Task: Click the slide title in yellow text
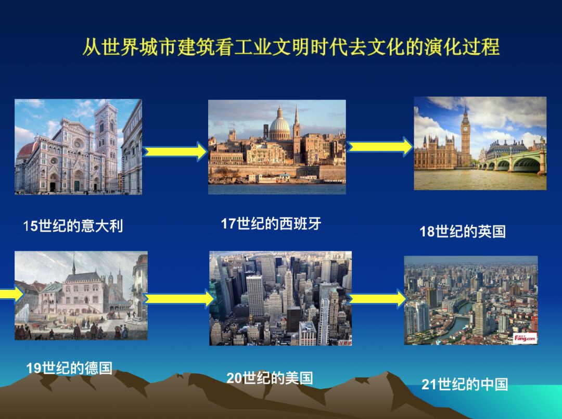pyautogui.click(x=291, y=47)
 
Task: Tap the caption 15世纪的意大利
pyautogui.click(x=73, y=226)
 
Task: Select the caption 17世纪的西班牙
pyautogui.click(x=271, y=223)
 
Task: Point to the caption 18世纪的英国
pyautogui.click(x=463, y=231)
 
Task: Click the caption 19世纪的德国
pyautogui.click(x=69, y=368)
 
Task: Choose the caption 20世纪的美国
pyautogui.click(x=270, y=378)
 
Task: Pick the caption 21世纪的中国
pyautogui.click(x=465, y=384)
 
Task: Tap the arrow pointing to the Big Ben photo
pyautogui.click(x=380, y=147)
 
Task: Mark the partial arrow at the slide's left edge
pyautogui.click(x=11, y=294)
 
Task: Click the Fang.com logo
pyautogui.click(x=525, y=338)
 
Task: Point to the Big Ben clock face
pyautogui.click(x=465, y=129)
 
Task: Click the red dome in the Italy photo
pyautogui.click(x=28, y=149)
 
